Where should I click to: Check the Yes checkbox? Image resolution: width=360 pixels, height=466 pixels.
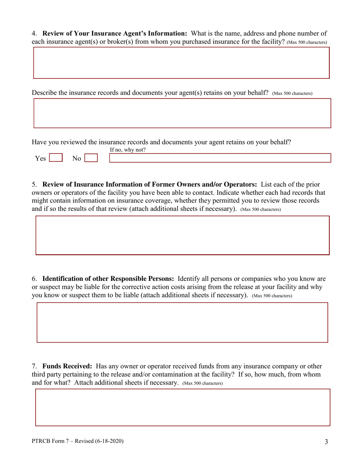(x=56, y=158)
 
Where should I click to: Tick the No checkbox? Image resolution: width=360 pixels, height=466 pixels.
(x=91, y=158)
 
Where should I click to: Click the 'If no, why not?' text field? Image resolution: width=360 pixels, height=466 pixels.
(x=220, y=158)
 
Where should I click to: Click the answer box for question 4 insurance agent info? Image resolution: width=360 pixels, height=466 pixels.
(x=181, y=63)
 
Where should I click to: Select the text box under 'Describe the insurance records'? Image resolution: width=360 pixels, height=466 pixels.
(x=182, y=113)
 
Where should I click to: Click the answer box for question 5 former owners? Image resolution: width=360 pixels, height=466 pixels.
(x=182, y=235)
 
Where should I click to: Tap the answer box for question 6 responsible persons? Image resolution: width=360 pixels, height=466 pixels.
(x=182, y=322)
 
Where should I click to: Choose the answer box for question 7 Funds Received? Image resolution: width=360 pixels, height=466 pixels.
(x=182, y=407)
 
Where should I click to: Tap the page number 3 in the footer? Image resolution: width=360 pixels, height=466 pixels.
(x=326, y=441)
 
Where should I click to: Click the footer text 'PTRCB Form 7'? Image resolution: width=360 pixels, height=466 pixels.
(x=49, y=441)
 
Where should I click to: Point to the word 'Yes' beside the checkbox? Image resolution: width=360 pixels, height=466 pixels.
(x=40, y=158)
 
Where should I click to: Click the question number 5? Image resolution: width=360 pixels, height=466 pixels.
(x=34, y=185)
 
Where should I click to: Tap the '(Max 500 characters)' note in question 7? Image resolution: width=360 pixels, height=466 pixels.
(x=202, y=383)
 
